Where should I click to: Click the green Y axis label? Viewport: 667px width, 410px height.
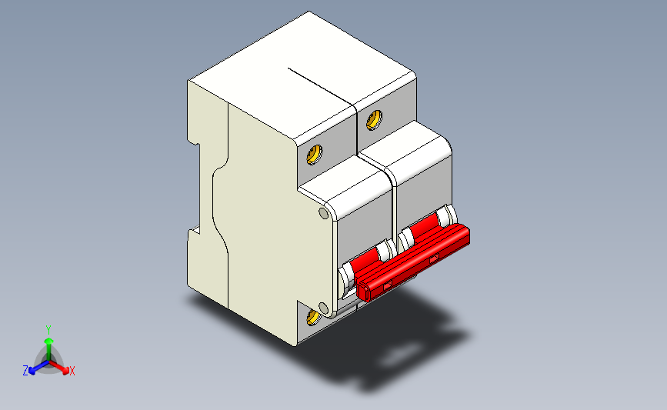[x=48, y=328]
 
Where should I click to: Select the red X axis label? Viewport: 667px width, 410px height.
[x=72, y=371]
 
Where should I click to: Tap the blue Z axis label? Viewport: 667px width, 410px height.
[x=25, y=371]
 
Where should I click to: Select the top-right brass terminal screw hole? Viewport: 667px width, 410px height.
[x=375, y=119]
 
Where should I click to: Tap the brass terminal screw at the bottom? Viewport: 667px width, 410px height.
[x=314, y=317]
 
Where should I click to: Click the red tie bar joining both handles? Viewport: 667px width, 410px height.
[x=415, y=260]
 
